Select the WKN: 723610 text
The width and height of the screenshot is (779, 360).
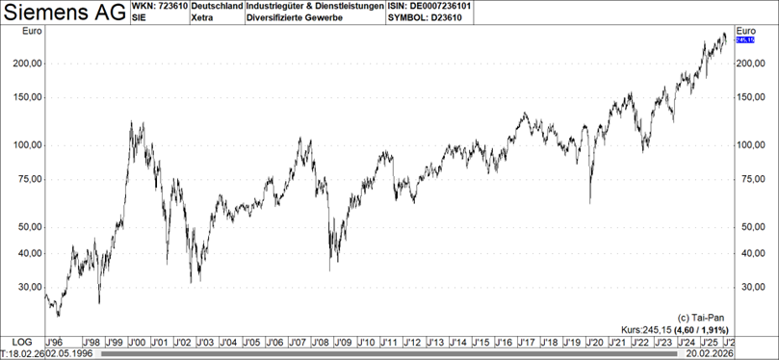click(159, 7)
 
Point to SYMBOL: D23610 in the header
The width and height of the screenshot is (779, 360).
click(429, 18)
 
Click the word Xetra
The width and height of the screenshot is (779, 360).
click(203, 18)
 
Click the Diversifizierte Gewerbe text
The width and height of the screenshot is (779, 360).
click(296, 18)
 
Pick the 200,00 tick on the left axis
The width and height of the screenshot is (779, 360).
click(24, 63)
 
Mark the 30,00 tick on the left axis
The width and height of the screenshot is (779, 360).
click(24, 287)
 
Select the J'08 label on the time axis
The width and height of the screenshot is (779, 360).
click(321, 342)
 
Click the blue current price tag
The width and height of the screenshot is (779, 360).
click(744, 39)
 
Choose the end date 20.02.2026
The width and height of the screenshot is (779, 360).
click(706, 353)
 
